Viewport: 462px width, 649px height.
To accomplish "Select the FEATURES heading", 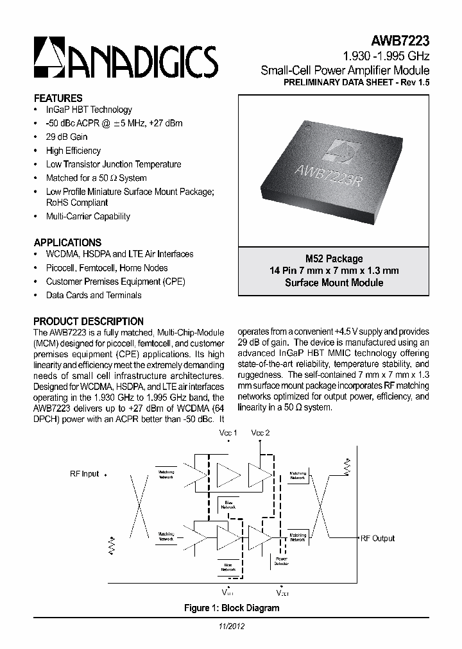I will click(x=58, y=98).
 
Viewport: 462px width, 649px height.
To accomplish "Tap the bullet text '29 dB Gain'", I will click(x=66, y=137).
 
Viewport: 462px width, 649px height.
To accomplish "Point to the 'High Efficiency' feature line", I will click(x=73, y=151).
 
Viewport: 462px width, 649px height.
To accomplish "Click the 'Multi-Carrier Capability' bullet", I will click(x=88, y=216).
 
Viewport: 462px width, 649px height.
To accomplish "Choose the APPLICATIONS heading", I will click(x=67, y=242).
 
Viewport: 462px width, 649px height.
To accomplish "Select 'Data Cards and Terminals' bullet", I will click(x=94, y=295).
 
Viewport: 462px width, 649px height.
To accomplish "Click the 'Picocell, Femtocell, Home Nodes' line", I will click(x=107, y=267).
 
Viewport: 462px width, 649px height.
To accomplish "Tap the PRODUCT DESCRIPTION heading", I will click(x=89, y=321).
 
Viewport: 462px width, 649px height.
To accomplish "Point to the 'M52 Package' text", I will click(x=334, y=258).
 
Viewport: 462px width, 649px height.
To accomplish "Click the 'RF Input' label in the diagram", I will click(x=85, y=474).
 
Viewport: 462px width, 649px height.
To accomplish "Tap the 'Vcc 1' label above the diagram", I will click(x=228, y=433).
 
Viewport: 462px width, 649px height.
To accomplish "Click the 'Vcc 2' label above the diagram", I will click(x=261, y=433).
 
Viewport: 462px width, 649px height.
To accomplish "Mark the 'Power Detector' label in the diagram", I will click(x=282, y=561).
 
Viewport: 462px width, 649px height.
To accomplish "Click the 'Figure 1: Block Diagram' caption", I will click(x=232, y=608).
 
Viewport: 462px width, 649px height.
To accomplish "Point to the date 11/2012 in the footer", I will click(x=231, y=626).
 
